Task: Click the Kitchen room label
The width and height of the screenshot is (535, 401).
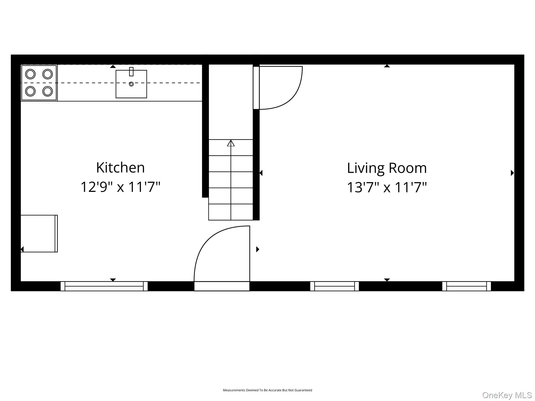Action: point(120,167)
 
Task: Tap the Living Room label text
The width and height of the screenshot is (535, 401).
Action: point(387,168)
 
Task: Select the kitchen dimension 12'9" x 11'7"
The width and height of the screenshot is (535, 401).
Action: point(120,187)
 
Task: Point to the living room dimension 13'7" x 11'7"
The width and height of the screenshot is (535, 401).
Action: point(387,187)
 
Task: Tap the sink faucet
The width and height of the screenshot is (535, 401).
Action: point(131,72)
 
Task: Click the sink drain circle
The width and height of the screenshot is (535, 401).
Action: point(131,84)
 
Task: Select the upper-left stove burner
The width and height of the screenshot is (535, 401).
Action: point(30,74)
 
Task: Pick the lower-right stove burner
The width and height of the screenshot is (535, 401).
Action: point(48,91)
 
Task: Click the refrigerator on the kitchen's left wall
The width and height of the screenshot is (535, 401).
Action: point(39,234)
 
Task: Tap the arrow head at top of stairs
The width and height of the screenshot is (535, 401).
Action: point(231,143)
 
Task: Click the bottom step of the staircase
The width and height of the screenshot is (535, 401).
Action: point(231,212)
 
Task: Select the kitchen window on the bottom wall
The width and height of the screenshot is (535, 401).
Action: point(104,286)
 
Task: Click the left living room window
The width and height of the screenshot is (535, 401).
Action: point(335,286)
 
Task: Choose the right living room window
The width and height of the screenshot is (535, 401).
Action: point(467,286)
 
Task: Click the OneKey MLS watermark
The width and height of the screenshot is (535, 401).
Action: point(507,395)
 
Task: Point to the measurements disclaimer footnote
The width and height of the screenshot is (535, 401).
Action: point(267,390)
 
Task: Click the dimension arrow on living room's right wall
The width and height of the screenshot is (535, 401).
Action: point(512,173)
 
